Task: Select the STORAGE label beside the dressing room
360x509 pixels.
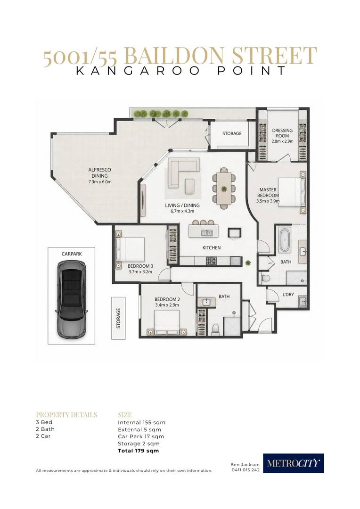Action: pos(232,133)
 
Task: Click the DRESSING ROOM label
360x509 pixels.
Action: pos(282,133)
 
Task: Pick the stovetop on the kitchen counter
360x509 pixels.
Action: pos(212,260)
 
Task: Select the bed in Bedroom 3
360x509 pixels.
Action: pos(130,249)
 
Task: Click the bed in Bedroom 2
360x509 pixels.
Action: pos(167,322)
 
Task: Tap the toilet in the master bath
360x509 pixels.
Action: pos(265,278)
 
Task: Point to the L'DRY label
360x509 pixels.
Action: pos(288,295)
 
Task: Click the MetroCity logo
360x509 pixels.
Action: pos(293,463)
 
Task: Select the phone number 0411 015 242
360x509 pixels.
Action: pos(245,470)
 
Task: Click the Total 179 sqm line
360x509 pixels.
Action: pos(138,451)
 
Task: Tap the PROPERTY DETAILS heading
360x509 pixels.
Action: pos(66,415)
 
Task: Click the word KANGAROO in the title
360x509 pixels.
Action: pos(138,71)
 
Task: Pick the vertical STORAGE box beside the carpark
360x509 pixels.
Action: pos(118,318)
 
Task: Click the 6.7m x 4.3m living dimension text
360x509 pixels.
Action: pos(182,211)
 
